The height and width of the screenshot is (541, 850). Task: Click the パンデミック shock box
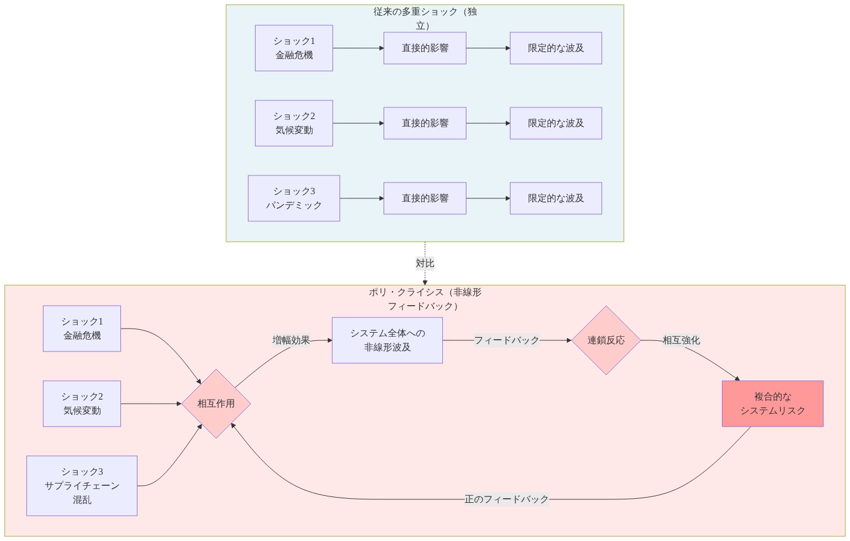point(294,198)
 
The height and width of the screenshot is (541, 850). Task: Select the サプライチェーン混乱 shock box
point(82,486)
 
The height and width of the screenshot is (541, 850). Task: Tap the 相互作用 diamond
point(216,404)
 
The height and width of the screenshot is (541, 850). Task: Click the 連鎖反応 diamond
point(606,340)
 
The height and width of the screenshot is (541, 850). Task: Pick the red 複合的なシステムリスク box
point(772,404)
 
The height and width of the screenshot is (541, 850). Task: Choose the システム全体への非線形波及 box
point(387,340)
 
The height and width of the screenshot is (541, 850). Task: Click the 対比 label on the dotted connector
point(425,263)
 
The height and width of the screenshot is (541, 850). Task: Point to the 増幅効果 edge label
point(291,340)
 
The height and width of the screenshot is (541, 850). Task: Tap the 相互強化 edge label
point(681,340)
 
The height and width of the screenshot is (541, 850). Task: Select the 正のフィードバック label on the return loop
point(506,499)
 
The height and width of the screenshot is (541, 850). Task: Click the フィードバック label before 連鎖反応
point(506,340)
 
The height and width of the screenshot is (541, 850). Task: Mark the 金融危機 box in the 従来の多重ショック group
point(294,48)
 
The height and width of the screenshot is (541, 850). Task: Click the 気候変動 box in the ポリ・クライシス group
point(82,404)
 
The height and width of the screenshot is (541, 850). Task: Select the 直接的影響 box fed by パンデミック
point(425,198)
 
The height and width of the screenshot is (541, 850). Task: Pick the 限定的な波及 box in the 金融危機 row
point(556,48)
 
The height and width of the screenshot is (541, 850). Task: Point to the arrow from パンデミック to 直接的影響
point(361,198)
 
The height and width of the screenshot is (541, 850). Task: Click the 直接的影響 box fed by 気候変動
point(425,123)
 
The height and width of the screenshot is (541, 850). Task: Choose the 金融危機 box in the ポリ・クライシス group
point(82,329)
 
